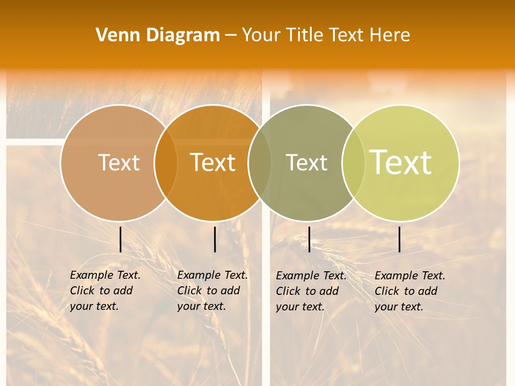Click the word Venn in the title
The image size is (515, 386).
point(114,35)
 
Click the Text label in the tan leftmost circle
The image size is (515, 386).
point(119,162)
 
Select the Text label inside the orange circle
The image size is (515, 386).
point(213,162)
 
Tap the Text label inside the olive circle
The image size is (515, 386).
point(306,162)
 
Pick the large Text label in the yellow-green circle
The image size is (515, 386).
point(401,162)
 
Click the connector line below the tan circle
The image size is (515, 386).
point(120,239)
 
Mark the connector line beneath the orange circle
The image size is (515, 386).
point(215,239)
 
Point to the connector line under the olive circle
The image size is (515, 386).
point(309,239)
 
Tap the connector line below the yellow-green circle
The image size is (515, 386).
point(400,239)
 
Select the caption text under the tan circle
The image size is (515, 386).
point(105,291)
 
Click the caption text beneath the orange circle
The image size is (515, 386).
point(212,291)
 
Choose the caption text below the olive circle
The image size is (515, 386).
point(311,291)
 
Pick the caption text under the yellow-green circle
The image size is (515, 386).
point(410,291)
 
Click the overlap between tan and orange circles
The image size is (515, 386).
point(166,162)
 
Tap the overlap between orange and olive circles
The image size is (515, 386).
point(260,162)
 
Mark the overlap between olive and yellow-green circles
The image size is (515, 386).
point(354,162)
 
